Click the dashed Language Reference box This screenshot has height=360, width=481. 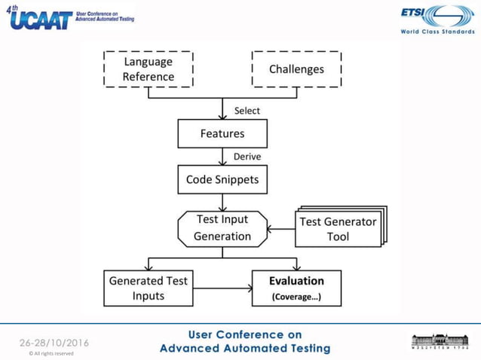148,69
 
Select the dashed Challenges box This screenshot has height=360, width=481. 296,69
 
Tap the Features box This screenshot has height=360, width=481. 222,134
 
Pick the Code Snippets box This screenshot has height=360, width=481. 222,180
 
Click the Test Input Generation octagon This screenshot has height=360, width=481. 222,228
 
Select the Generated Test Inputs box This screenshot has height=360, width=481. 148,288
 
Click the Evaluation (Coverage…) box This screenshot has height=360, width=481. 296,288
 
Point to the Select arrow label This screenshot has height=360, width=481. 247,111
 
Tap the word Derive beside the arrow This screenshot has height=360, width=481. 247,157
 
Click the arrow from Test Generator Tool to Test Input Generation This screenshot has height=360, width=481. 281,229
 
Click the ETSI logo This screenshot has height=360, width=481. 436,16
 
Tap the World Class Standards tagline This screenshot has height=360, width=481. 435,32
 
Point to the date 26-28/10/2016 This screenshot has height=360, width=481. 54,343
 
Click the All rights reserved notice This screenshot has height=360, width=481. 51,352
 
